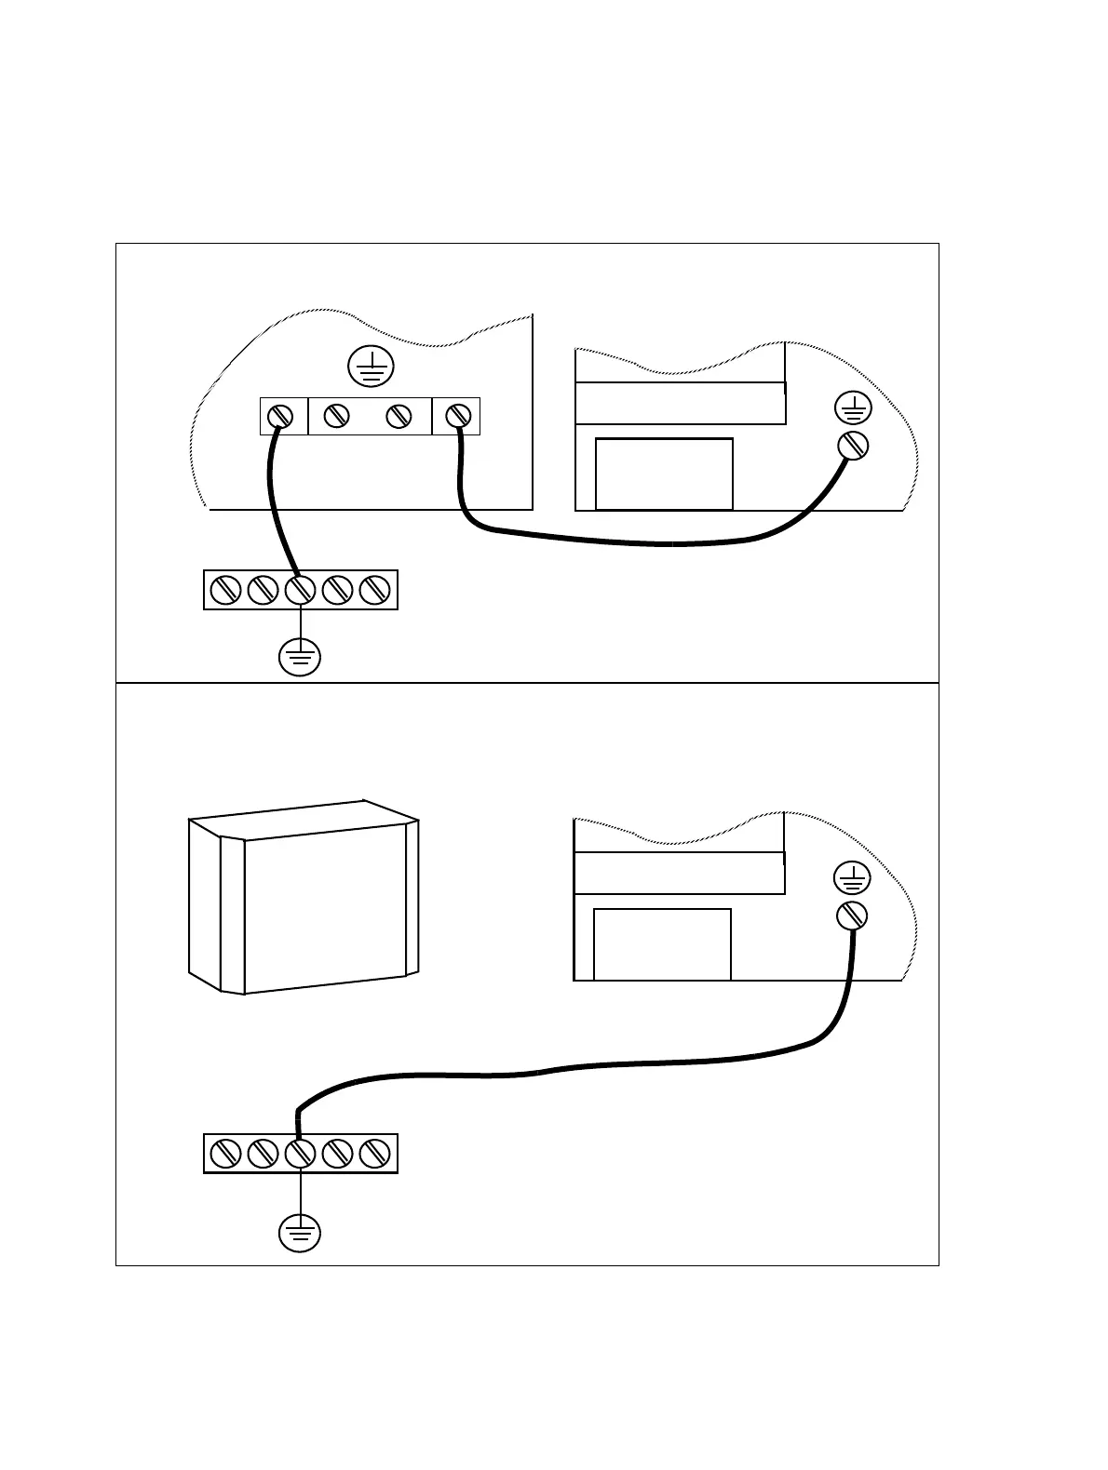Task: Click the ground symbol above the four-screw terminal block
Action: click(x=371, y=367)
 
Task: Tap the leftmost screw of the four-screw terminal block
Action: click(x=282, y=416)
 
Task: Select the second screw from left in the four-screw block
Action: click(x=336, y=416)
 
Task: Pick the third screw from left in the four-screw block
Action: click(x=399, y=416)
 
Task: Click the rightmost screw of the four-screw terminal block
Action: click(x=457, y=416)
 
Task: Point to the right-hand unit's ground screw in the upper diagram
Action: click(x=853, y=445)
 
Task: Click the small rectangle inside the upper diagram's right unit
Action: click(x=664, y=474)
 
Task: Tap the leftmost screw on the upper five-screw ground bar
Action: click(x=226, y=590)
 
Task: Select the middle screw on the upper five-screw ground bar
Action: click(x=300, y=590)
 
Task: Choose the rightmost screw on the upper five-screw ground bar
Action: click(x=374, y=590)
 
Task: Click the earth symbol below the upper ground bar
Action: click(x=300, y=657)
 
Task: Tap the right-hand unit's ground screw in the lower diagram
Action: click(x=852, y=915)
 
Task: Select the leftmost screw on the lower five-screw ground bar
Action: click(x=226, y=1154)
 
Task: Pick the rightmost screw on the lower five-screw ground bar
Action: click(x=374, y=1154)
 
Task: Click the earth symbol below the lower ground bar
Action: click(x=300, y=1234)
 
